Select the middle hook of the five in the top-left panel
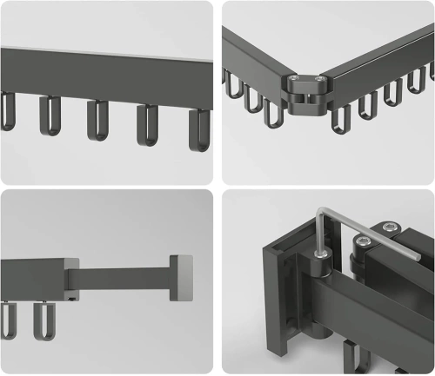pyautogui.click(x=97, y=122)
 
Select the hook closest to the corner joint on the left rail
pyautogui.click(x=272, y=109)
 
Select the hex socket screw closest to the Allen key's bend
pyautogui.click(x=363, y=244)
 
